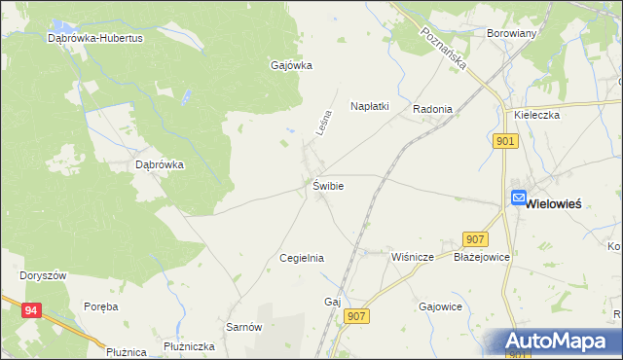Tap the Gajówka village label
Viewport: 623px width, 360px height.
[x=290, y=66]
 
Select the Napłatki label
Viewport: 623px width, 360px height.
[x=370, y=108]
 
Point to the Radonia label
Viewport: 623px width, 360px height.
[x=432, y=109]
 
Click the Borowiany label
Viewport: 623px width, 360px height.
[x=511, y=32]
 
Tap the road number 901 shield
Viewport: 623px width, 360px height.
[x=505, y=142]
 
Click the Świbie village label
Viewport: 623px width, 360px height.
[x=327, y=185]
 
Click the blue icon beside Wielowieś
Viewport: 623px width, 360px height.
[x=519, y=198]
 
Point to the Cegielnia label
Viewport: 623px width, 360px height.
[x=301, y=258]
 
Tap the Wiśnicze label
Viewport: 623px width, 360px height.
[x=412, y=258]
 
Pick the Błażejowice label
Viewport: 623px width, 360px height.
[x=482, y=258]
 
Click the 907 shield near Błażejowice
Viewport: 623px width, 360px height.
[x=476, y=239]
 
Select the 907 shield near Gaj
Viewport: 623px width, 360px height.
[x=357, y=315]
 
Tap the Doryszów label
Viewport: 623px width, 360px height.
[x=43, y=275]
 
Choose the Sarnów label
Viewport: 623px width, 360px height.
[x=244, y=328]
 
